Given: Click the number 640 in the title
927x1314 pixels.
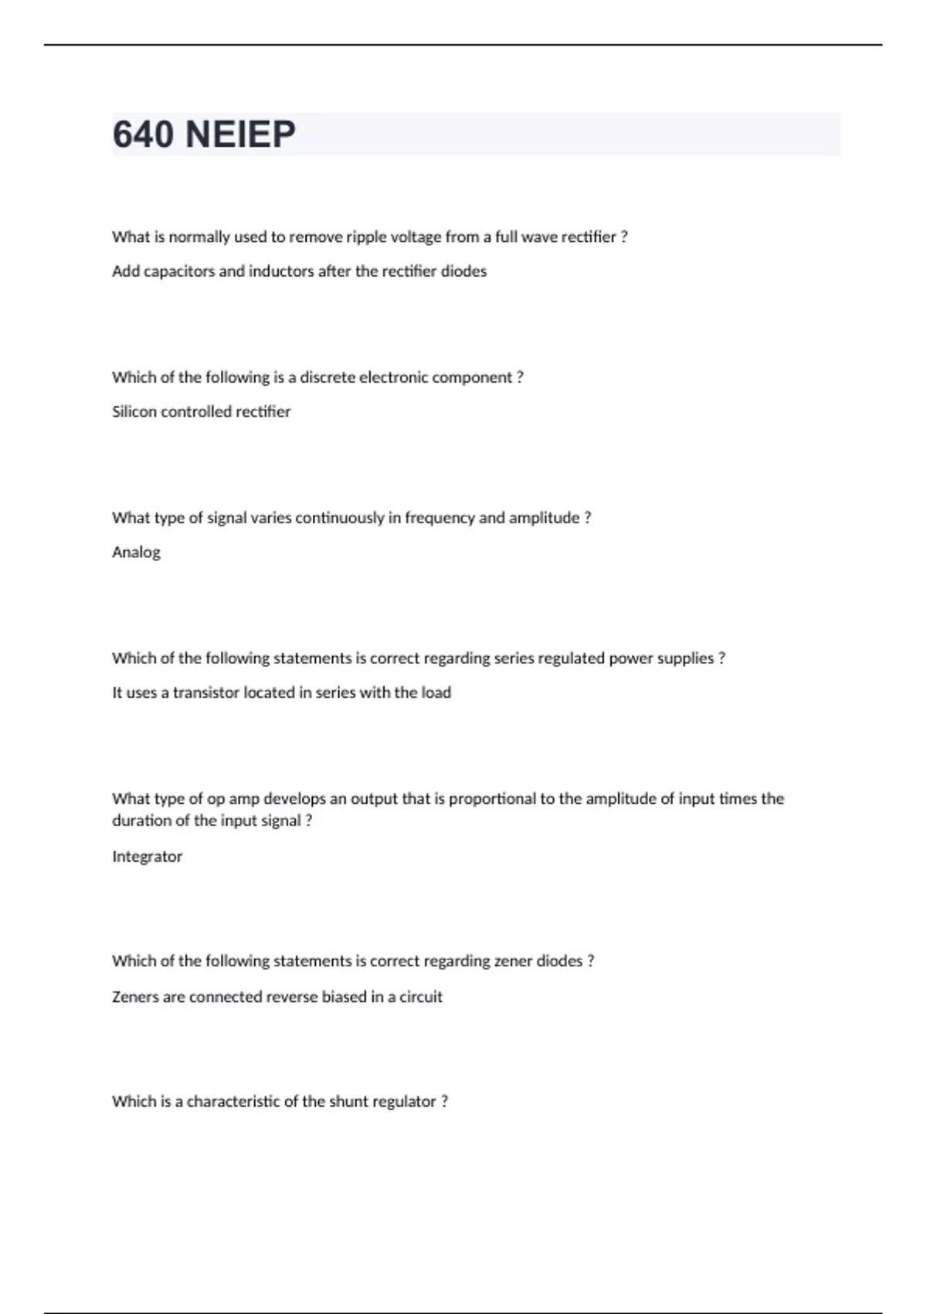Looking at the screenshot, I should point(143,134).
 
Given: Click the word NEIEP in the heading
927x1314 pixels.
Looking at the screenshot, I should point(240,134).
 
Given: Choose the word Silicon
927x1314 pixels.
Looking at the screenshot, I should point(134,411).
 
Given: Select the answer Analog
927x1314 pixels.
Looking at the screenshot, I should point(137,552).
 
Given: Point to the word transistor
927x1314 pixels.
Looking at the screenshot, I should point(205,693).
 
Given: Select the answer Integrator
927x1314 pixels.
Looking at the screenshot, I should point(147,856).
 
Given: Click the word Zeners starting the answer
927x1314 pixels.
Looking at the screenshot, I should point(135,996).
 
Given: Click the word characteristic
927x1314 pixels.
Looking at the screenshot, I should point(233,1101).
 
